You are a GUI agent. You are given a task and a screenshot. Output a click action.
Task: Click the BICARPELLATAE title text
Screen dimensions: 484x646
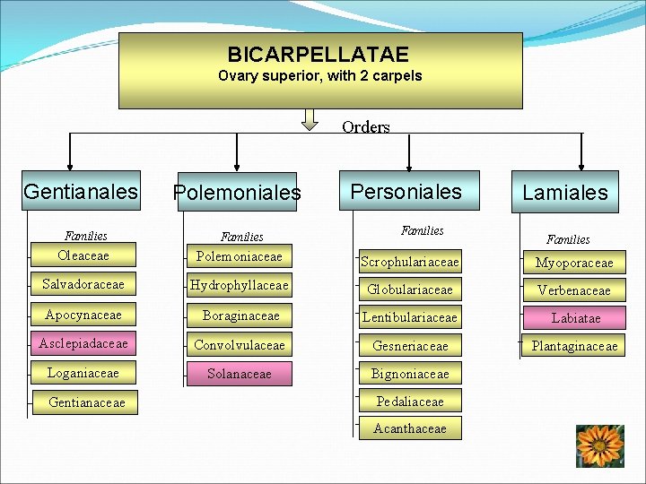(318, 55)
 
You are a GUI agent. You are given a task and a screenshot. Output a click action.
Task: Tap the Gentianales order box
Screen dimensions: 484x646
(82, 191)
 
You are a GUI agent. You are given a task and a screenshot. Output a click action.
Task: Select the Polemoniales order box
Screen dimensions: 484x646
(237, 193)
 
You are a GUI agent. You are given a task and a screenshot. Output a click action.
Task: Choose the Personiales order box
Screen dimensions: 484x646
(406, 191)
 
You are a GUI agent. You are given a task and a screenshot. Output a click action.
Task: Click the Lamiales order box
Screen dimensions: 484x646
(565, 192)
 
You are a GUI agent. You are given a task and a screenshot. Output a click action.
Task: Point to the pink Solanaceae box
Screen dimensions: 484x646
(239, 373)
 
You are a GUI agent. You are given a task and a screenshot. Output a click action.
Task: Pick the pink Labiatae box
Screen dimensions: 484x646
(575, 317)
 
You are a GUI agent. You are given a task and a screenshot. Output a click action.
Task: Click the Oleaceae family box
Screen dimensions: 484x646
(83, 255)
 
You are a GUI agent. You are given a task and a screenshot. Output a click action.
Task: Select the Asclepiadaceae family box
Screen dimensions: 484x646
(83, 343)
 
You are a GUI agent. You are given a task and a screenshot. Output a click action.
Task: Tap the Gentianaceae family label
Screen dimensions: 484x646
(87, 402)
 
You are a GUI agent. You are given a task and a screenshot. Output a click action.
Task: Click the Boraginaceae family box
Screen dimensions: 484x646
(240, 315)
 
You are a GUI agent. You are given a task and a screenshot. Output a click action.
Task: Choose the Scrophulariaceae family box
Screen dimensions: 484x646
(410, 262)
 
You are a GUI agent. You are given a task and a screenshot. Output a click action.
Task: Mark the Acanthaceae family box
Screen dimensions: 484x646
(410, 428)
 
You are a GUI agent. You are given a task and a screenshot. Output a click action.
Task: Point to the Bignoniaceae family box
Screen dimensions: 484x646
(410, 373)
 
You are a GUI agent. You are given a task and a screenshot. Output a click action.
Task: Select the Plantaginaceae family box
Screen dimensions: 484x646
(574, 345)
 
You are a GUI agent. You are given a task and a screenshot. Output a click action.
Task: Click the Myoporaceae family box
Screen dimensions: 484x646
(574, 262)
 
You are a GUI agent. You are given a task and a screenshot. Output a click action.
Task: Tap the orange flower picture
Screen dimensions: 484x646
(599, 445)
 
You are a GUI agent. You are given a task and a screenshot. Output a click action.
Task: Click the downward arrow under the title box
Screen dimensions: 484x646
(310, 118)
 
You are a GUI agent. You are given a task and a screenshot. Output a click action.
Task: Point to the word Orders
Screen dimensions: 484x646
(366, 127)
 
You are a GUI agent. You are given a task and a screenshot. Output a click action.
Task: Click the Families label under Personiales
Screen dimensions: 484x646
(422, 230)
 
